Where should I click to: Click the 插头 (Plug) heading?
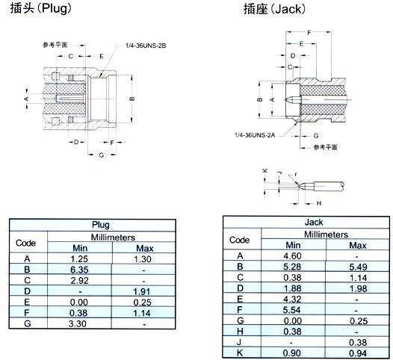pos(41,8)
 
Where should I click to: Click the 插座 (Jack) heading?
pos(275,9)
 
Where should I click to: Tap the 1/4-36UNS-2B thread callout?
pos(146,46)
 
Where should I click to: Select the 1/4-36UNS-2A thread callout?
pos(255,135)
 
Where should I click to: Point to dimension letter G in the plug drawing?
pos(102,155)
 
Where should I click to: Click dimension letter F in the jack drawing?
pos(309,33)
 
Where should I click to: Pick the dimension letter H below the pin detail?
pos(319,203)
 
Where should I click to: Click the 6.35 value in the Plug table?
pos(79,270)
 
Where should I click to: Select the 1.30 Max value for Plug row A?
pos(143,258)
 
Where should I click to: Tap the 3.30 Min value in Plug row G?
pos(78,323)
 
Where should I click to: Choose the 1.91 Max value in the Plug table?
pos(142,291)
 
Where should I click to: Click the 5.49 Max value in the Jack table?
pos(358,267)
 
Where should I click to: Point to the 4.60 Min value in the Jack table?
pos(292,255)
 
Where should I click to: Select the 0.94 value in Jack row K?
pos(358,353)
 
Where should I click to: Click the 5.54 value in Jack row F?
pos(291,310)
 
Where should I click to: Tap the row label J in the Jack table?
pos(239,342)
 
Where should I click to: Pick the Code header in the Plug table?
pos(25,243)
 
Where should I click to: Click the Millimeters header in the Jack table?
pos(326,235)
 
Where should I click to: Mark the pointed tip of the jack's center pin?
pos(285,99)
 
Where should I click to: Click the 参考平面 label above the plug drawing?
pos(55,45)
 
